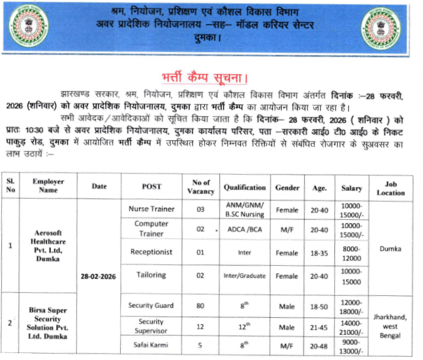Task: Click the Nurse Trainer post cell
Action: click(x=151, y=209)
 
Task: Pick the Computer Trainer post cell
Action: click(x=151, y=229)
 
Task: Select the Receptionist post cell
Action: click(x=151, y=252)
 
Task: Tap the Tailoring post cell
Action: click(x=151, y=275)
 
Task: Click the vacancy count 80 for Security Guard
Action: click(x=201, y=306)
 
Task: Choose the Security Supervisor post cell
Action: click(x=151, y=326)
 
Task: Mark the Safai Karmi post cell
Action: click(x=151, y=346)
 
